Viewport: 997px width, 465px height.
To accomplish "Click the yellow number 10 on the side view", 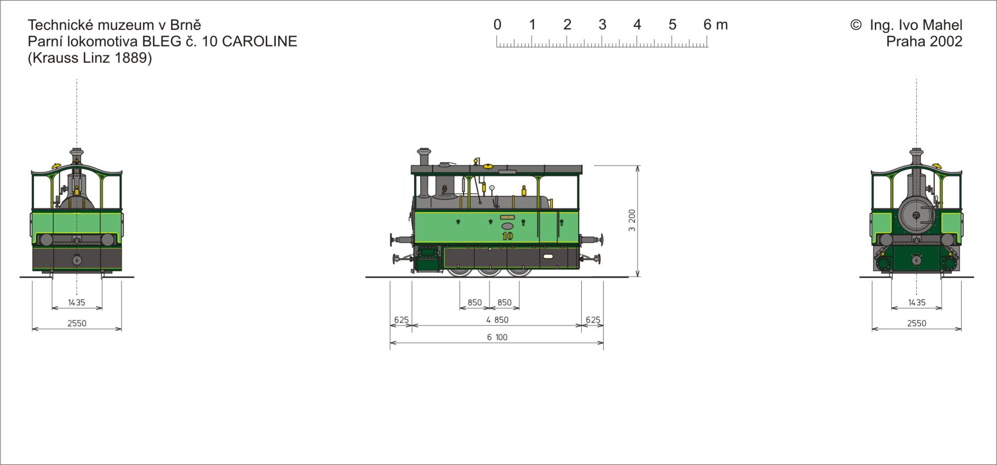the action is pos(507,236).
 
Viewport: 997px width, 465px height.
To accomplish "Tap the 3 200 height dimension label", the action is pos(632,220).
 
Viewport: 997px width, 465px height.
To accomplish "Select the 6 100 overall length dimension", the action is pos(497,337).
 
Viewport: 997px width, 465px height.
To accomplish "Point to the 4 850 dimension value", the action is pos(497,320).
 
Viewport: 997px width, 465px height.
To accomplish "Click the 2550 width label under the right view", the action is pos(916,323).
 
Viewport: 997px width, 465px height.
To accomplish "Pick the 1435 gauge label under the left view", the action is pos(77,303).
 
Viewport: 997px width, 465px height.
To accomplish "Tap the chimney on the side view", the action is pos(424,172).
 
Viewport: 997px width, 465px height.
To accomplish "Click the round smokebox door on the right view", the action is pos(916,215).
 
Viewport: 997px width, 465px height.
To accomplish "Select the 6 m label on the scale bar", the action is pos(715,25).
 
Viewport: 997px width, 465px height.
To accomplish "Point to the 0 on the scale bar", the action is pos(497,25).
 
